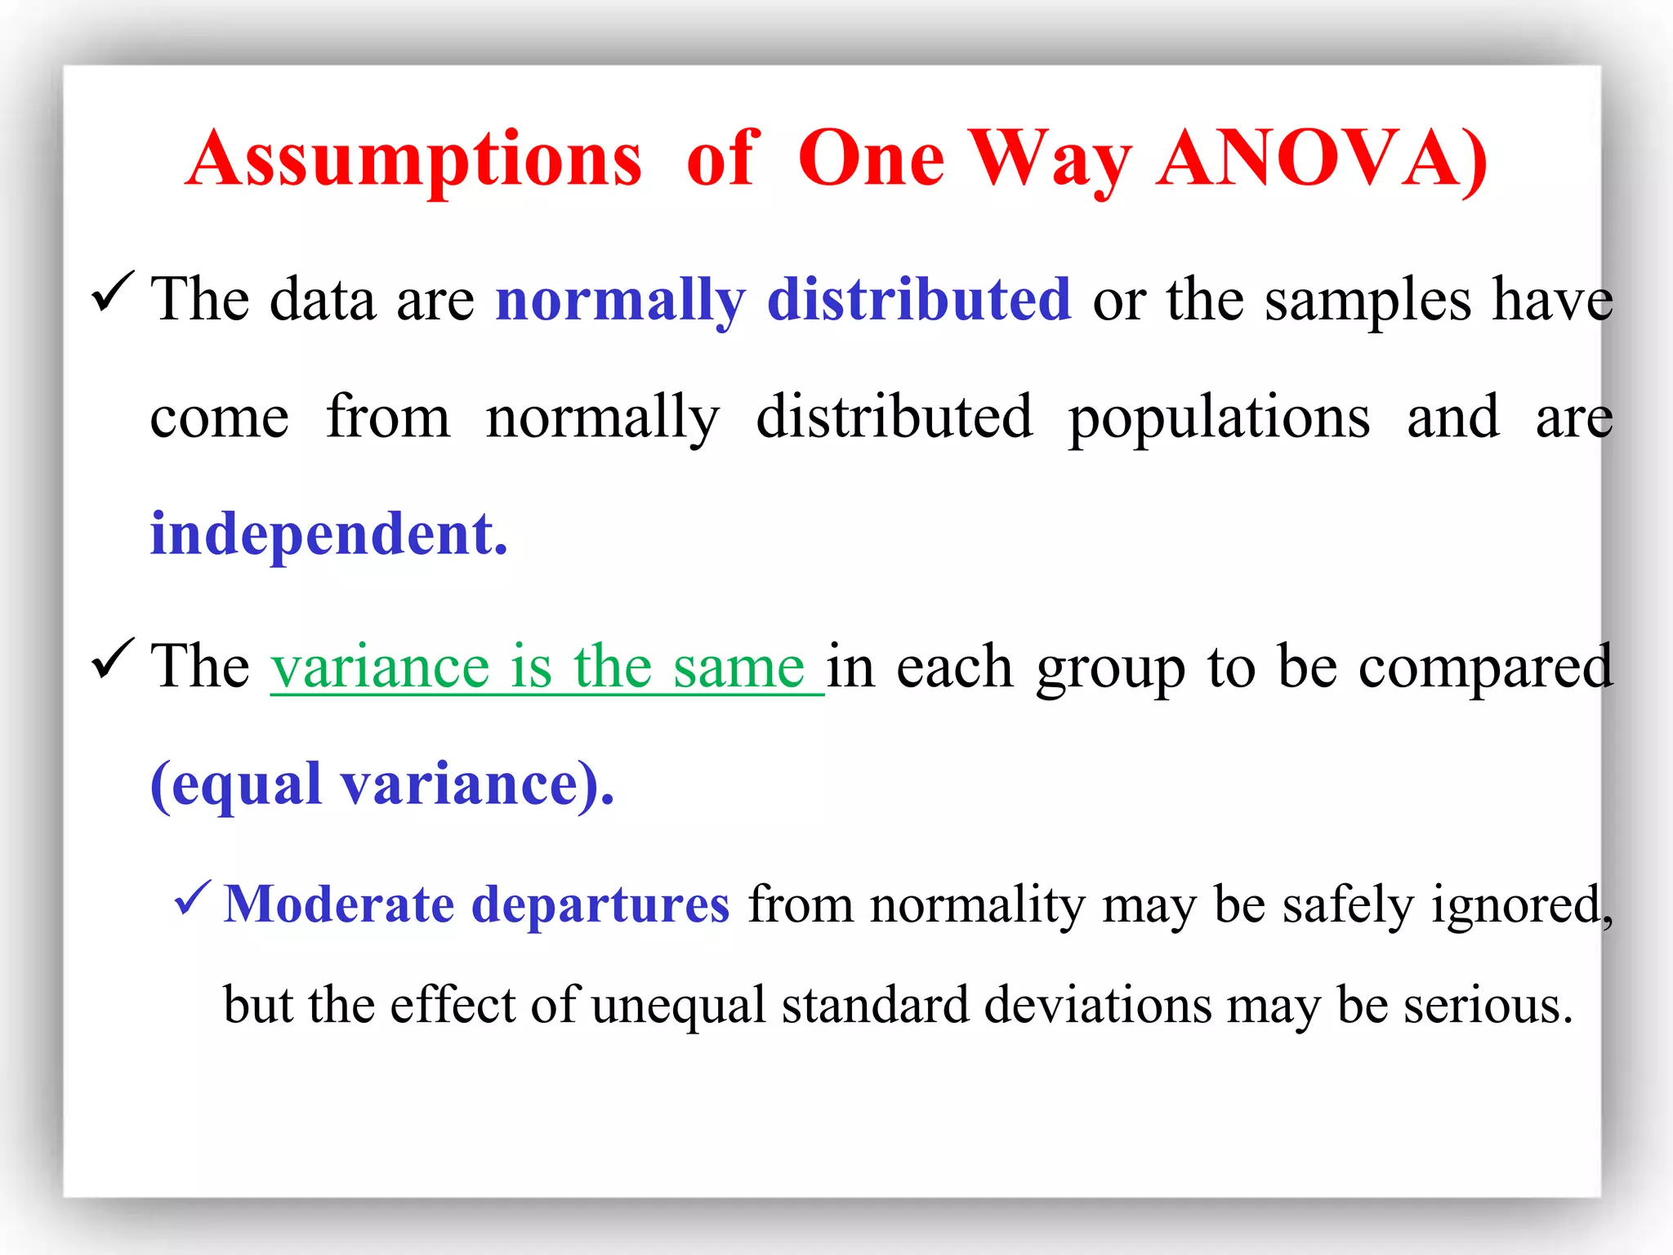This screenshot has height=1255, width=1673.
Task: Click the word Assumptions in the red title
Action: (414, 159)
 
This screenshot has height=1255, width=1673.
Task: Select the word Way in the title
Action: (1051, 159)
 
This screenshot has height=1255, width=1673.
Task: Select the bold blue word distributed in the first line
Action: (919, 299)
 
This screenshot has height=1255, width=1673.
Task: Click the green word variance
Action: (380, 667)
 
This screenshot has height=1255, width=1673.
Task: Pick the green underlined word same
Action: (739, 667)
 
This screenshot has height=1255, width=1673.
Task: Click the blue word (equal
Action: (237, 783)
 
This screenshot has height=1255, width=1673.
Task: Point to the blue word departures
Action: (600, 905)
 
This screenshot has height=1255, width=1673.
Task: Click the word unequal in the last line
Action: (679, 1004)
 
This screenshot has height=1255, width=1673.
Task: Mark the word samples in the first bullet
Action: (1368, 301)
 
